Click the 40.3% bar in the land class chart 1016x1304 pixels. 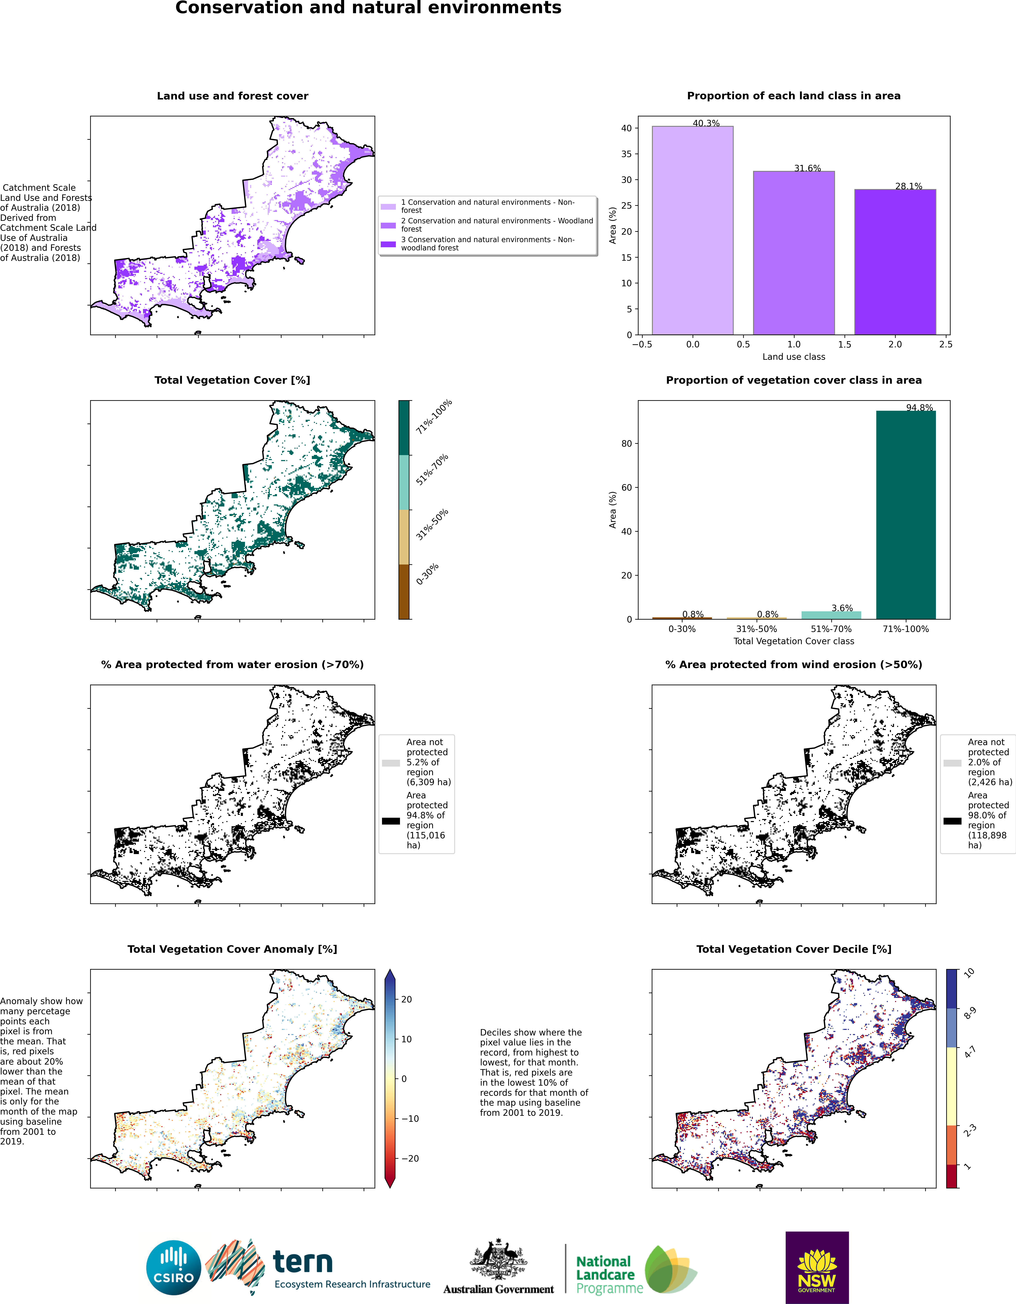click(x=692, y=231)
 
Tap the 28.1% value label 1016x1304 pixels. click(x=908, y=186)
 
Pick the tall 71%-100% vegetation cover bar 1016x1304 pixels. click(x=906, y=515)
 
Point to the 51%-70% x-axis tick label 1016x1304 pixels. click(x=831, y=629)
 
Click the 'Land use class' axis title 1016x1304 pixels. click(x=794, y=356)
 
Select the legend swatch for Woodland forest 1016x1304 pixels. click(x=388, y=226)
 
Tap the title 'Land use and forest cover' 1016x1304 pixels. click(x=233, y=96)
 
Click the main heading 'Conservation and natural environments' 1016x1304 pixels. click(x=368, y=8)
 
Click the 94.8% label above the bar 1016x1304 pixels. click(x=919, y=408)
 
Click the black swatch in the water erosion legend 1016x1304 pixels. click(x=391, y=821)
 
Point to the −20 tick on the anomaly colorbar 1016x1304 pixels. click(x=409, y=1158)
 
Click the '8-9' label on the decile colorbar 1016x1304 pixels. click(x=970, y=1012)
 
